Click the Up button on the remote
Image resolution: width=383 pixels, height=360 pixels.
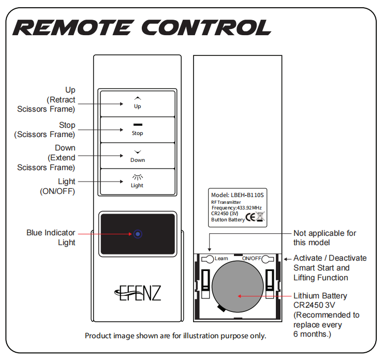coord(137,102)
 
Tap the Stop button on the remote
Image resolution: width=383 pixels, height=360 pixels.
coord(137,129)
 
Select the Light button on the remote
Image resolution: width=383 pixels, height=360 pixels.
coord(137,181)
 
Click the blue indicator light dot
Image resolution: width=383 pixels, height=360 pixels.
coord(137,234)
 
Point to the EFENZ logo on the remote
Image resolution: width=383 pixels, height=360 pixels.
coord(137,293)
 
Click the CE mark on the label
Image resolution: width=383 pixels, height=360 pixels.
coord(250,217)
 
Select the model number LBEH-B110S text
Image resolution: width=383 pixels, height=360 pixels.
coord(246,194)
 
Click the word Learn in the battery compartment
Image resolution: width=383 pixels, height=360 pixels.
coord(221,258)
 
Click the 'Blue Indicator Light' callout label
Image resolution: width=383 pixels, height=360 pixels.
coord(51,237)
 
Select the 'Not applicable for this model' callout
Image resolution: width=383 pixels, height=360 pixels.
coord(325,237)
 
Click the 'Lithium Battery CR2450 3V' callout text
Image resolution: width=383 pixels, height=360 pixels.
coord(320,301)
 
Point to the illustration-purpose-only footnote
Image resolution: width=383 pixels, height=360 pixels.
coord(175,336)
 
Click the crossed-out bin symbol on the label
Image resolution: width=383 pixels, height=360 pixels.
coord(260,217)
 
